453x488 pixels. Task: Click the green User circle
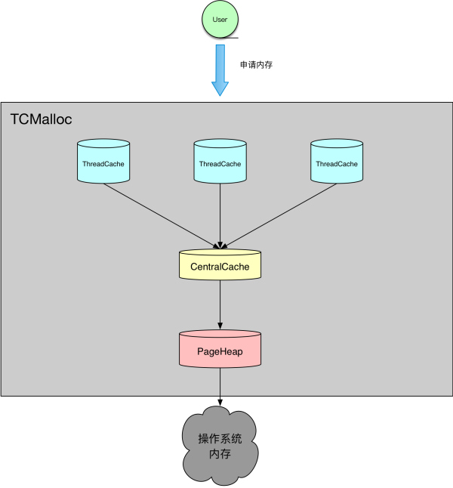coord(220,20)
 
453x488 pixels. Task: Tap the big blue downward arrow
coord(220,70)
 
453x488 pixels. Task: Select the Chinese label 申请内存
coord(256,65)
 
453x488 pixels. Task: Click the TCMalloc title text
coord(41,119)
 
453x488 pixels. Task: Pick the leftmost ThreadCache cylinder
coord(103,161)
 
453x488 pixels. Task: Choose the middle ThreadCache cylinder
coord(220,161)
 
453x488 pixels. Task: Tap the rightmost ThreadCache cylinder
coord(337,161)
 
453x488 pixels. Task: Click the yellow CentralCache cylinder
coord(220,264)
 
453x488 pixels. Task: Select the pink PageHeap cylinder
coord(220,348)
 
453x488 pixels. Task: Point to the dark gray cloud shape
coord(220,446)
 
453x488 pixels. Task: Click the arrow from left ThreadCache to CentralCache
coord(162,216)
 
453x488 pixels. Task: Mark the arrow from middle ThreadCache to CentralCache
coord(220,216)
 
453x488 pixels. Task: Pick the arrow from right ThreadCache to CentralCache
coord(279,216)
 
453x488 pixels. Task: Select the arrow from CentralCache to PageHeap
coord(220,304)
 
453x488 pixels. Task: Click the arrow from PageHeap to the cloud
coord(220,387)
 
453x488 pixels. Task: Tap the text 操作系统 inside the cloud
coord(220,439)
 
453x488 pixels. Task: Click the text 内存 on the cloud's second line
coord(220,454)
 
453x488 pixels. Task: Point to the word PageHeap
coord(220,352)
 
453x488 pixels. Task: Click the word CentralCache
coord(220,267)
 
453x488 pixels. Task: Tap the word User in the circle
coord(220,20)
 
